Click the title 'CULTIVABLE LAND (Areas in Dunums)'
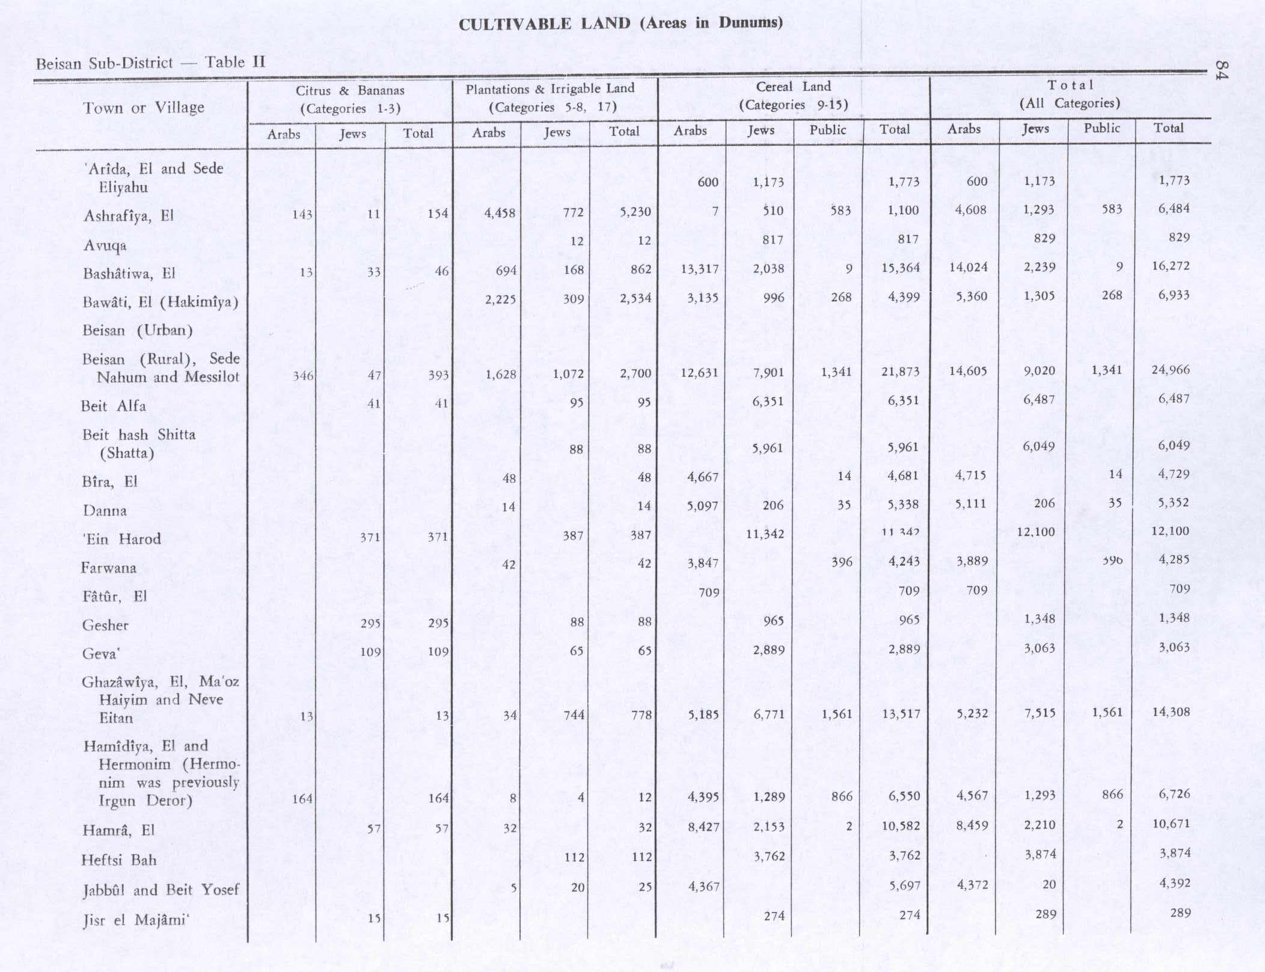620,24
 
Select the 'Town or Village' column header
143,108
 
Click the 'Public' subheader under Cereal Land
827,130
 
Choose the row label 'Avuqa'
105,245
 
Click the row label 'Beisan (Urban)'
137,331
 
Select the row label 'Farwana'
108,568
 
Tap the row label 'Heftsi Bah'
118,860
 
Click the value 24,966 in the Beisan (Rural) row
1170,369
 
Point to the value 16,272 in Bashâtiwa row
1170,266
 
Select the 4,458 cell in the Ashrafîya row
500,212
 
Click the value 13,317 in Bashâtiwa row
699,269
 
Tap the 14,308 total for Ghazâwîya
1171,712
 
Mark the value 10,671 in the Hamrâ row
1171,823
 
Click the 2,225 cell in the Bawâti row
500,299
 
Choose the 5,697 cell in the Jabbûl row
904,885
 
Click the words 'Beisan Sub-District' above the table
104,64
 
